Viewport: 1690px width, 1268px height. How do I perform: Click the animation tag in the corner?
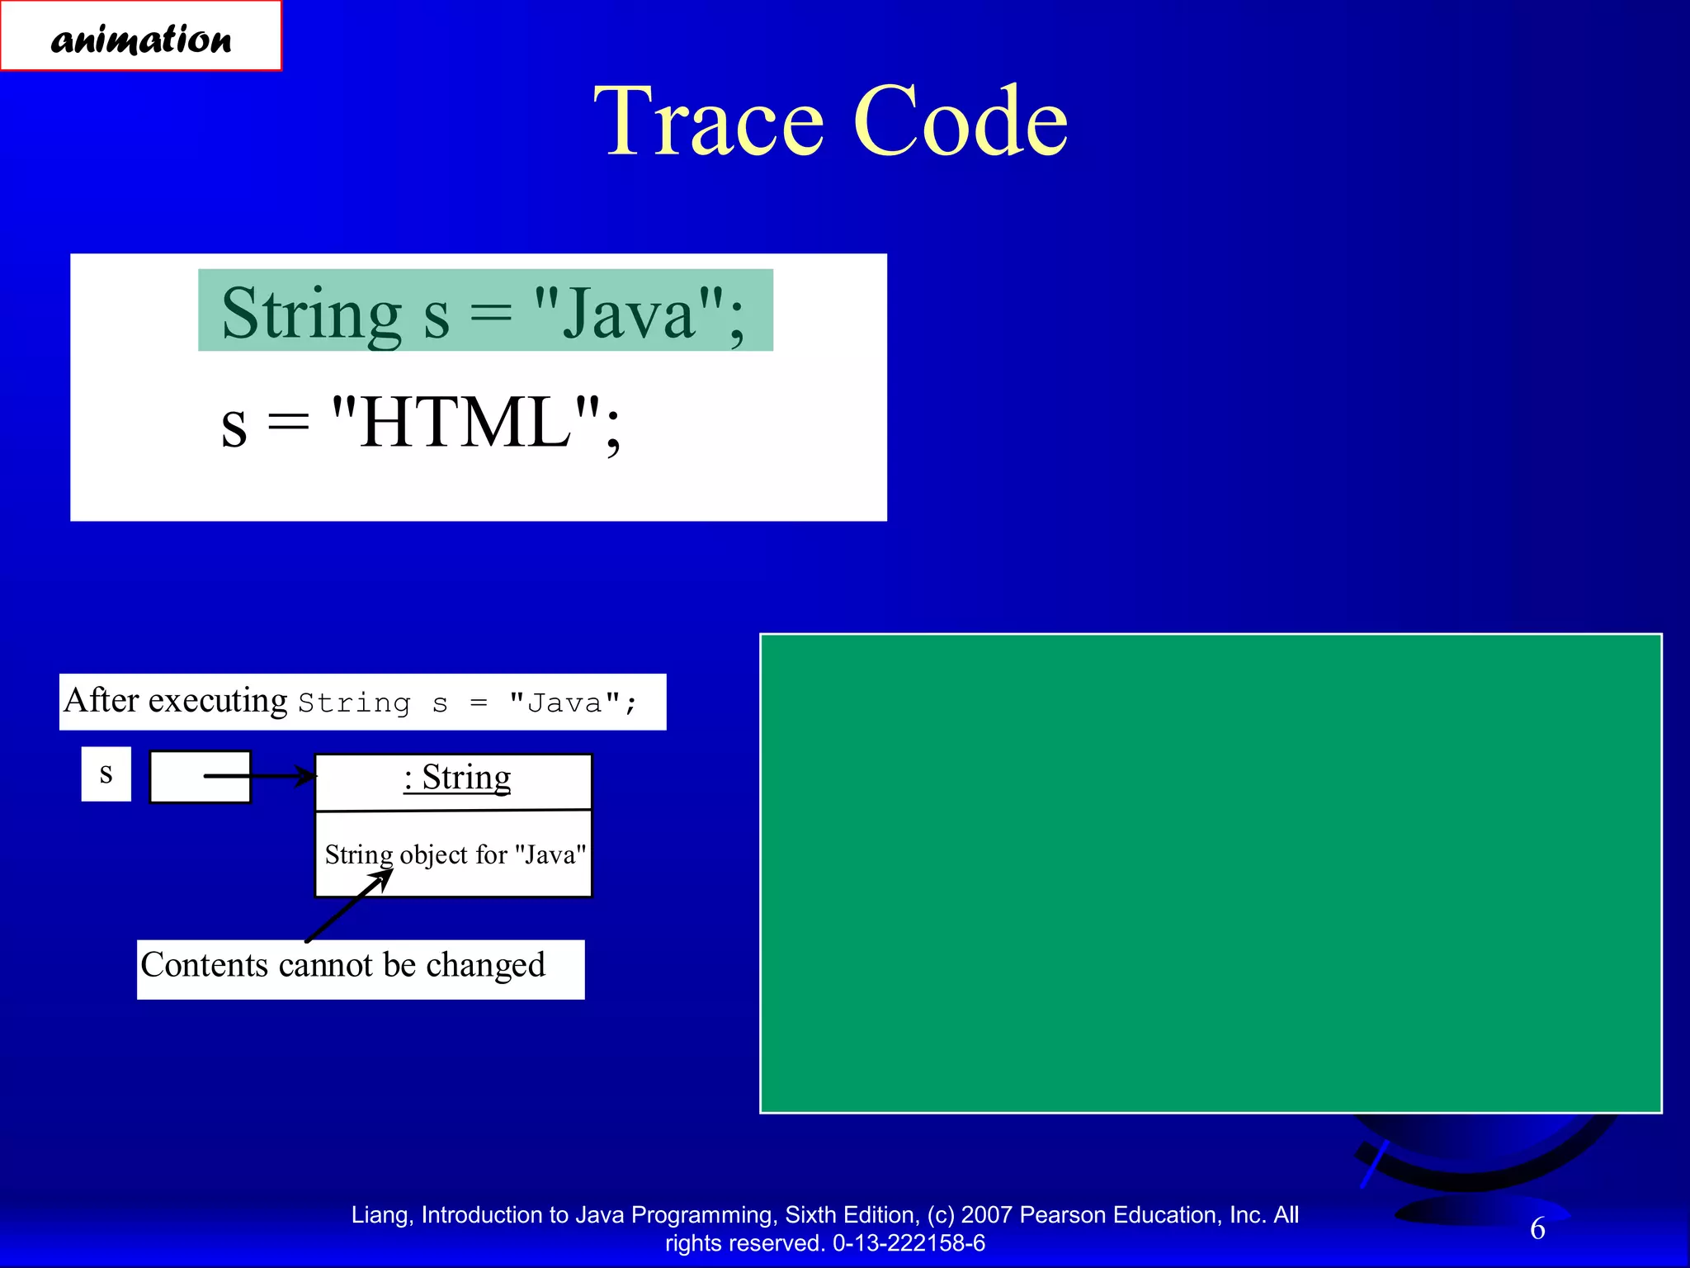point(140,37)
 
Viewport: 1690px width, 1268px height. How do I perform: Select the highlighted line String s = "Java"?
point(484,312)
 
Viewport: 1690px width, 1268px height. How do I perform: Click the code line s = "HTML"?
point(421,423)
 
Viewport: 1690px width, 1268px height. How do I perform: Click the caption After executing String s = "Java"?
point(361,702)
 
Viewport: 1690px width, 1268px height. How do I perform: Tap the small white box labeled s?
point(106,774)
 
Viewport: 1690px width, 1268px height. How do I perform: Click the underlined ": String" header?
point(457,778)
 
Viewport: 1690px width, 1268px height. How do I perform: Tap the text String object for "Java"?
point(455,854)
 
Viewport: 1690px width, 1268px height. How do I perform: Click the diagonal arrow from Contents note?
point(347,906)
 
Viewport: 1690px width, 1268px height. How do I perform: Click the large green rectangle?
point(1210,873)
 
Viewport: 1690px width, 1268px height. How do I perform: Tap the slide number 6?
point(1537,1228)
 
